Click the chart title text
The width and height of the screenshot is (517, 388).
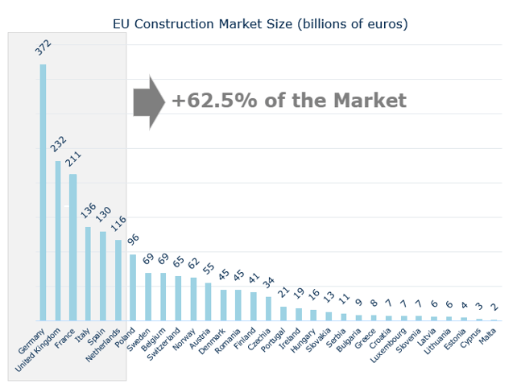point(260,23)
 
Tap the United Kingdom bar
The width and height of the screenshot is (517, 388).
point(58,241)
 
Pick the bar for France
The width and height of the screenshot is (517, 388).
point(72,247)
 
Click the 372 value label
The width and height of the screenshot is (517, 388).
point(43,47)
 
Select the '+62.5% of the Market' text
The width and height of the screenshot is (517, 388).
point(288,101)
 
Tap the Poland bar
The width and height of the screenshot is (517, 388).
point(133,287)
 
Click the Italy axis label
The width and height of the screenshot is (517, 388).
point(83,336)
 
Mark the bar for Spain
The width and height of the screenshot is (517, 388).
point(103,275)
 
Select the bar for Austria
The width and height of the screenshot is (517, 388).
point(208,302)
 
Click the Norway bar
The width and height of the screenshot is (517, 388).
point(192,299)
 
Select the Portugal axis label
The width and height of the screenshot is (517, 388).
point(271,341)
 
